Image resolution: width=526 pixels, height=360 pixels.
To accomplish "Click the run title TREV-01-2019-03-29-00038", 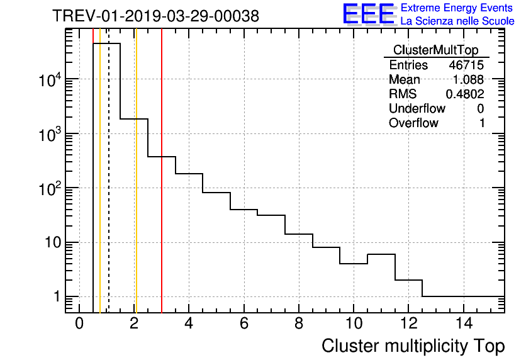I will [155, 16].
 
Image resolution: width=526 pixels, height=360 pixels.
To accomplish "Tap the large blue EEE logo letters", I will [369, 14].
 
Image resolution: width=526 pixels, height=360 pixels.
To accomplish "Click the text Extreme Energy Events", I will [457, 8].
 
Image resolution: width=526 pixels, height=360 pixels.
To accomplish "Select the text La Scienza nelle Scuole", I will [457, 21].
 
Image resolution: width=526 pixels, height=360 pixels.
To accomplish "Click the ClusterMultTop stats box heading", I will [435, 50].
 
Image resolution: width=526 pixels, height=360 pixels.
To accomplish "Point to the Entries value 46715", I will [466, 65].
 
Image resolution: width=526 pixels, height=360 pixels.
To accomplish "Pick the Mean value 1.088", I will [468, 80].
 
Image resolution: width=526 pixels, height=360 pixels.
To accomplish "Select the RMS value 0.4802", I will [465, 94].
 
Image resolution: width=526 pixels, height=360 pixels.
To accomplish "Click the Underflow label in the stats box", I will [417, 109].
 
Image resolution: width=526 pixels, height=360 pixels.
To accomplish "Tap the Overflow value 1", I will [482, 123].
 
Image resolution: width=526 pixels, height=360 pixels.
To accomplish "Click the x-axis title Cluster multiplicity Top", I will [413, 346].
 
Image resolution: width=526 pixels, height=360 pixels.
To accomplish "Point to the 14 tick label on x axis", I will [464, 323].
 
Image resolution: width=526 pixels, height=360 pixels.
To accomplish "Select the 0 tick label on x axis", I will [79, 323].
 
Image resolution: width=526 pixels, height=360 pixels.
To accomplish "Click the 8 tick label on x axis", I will [299, 323].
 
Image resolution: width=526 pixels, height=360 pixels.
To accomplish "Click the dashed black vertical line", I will [109, 189].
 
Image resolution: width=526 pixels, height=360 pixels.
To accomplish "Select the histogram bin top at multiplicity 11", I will [381, 254].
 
